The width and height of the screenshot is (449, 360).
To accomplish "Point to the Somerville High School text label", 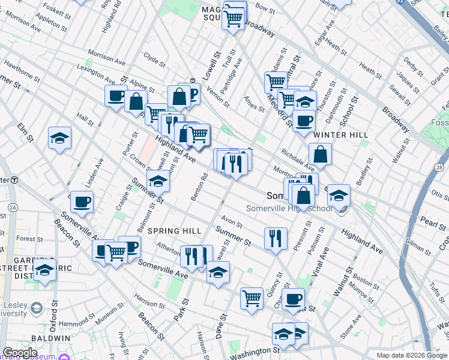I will click(x=289, y=209).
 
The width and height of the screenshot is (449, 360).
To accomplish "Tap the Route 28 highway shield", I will click(x=440, y=166).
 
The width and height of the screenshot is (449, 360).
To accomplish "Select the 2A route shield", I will click(x=13, y=208).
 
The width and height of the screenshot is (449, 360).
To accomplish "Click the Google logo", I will click(x=20, y=352).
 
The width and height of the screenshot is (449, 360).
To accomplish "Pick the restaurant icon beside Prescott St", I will click(x=276, y=237).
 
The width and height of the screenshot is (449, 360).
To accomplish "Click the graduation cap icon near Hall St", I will click(x=59, y=138).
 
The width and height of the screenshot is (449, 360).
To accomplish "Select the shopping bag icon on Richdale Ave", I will click(x=321, y=154).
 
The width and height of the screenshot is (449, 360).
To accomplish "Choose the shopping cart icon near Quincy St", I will click(x=252, y=298).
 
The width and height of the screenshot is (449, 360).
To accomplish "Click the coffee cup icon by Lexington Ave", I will click(x=115, y=95).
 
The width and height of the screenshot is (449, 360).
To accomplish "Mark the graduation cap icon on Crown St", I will click(x=158, y=180).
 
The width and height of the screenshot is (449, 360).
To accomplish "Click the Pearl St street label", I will click(x=433, y=221).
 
